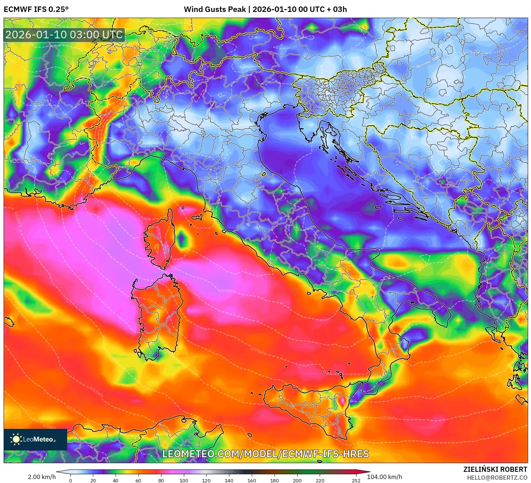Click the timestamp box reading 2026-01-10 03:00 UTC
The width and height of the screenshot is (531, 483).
coord(64,35)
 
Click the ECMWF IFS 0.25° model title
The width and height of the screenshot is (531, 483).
coord(36,9)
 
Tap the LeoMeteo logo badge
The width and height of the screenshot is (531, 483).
coord(35,439)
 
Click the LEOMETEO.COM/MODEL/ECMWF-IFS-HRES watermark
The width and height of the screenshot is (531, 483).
coord(265,454)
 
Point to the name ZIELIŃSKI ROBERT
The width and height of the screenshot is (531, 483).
coord(495,469)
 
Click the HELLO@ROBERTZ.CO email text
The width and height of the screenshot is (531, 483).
coord(497,478)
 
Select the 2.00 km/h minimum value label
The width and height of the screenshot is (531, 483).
coord(42,477)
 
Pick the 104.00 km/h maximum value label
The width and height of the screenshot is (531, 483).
coord(384,477)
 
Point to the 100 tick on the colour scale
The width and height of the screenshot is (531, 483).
coord(184,480)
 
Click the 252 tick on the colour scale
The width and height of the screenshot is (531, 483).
coord(356,480)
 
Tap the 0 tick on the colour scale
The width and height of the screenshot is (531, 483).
coord(70,480)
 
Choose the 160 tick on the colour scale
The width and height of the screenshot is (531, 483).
coord(252,480)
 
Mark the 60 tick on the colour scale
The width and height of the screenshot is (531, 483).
coord(138,480)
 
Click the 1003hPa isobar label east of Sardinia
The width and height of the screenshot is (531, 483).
coord(227,290)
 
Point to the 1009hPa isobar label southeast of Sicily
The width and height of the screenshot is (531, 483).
coord(389,418)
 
